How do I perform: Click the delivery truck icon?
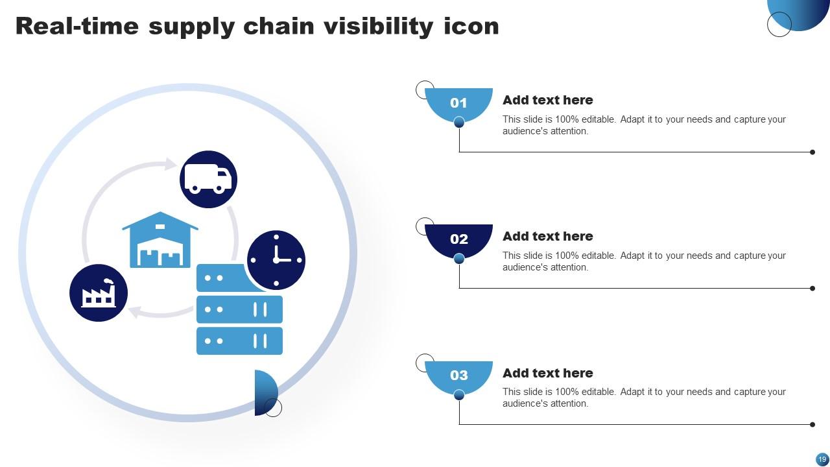pos(208,179)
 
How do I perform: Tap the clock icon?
pos(276,259)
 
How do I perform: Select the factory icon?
pos(99,293)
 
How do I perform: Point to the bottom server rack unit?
pos(239,341)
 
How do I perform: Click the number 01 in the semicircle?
pos(458,102)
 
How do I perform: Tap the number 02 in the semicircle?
pos(458,239)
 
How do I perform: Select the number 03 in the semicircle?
pos(458,375)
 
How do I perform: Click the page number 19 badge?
pos(822,459)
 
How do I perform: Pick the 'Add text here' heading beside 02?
pos(547,236)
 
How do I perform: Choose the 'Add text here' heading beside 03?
pos(547,373)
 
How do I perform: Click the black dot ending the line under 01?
pos(812,152)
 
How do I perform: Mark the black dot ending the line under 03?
pos(812,425)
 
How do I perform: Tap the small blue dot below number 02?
pos(459,259)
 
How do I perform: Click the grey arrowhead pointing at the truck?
pos(171,164)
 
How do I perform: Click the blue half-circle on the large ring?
pos(265,392)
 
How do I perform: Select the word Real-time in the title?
pos(77,26)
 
